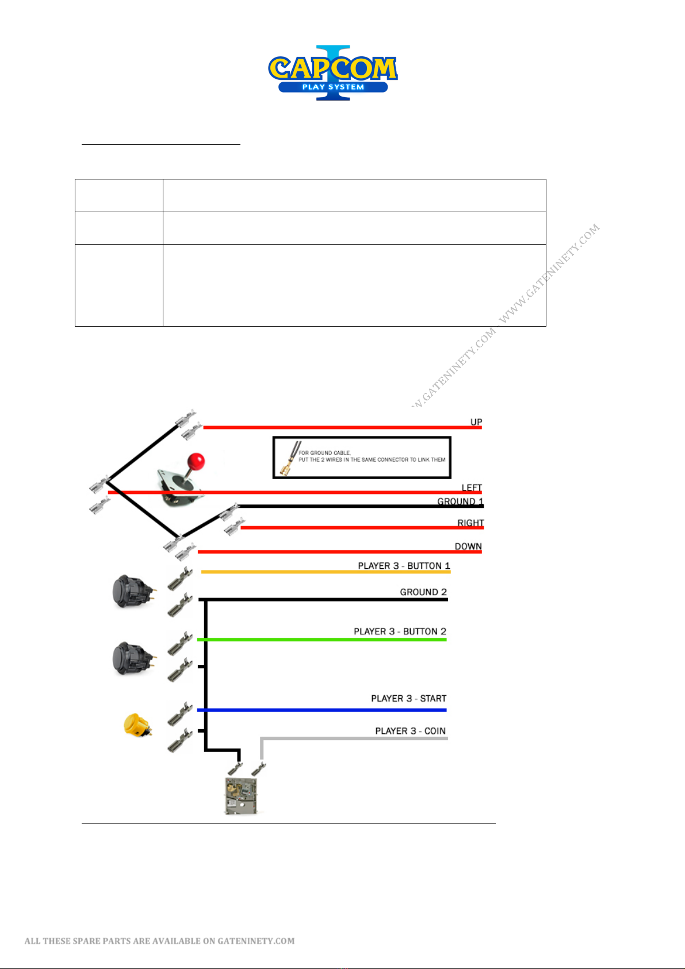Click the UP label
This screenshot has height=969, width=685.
point(476,422)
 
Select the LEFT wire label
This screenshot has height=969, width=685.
point(472,488)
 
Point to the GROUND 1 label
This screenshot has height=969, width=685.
point(460,501)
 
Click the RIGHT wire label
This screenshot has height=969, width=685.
point(470,523)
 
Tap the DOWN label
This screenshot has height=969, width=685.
point(468,546)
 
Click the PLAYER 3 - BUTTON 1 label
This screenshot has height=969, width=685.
point(404,566)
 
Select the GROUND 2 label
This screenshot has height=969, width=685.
point(423,592)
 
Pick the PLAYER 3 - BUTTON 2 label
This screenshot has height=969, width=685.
point(400,631)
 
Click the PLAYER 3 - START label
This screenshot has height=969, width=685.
point(408,698)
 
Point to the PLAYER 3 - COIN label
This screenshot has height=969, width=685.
point(410,731)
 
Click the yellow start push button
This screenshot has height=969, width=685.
point(136,725)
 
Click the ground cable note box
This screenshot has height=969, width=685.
point(361,458)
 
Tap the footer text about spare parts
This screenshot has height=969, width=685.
point(159,941)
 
